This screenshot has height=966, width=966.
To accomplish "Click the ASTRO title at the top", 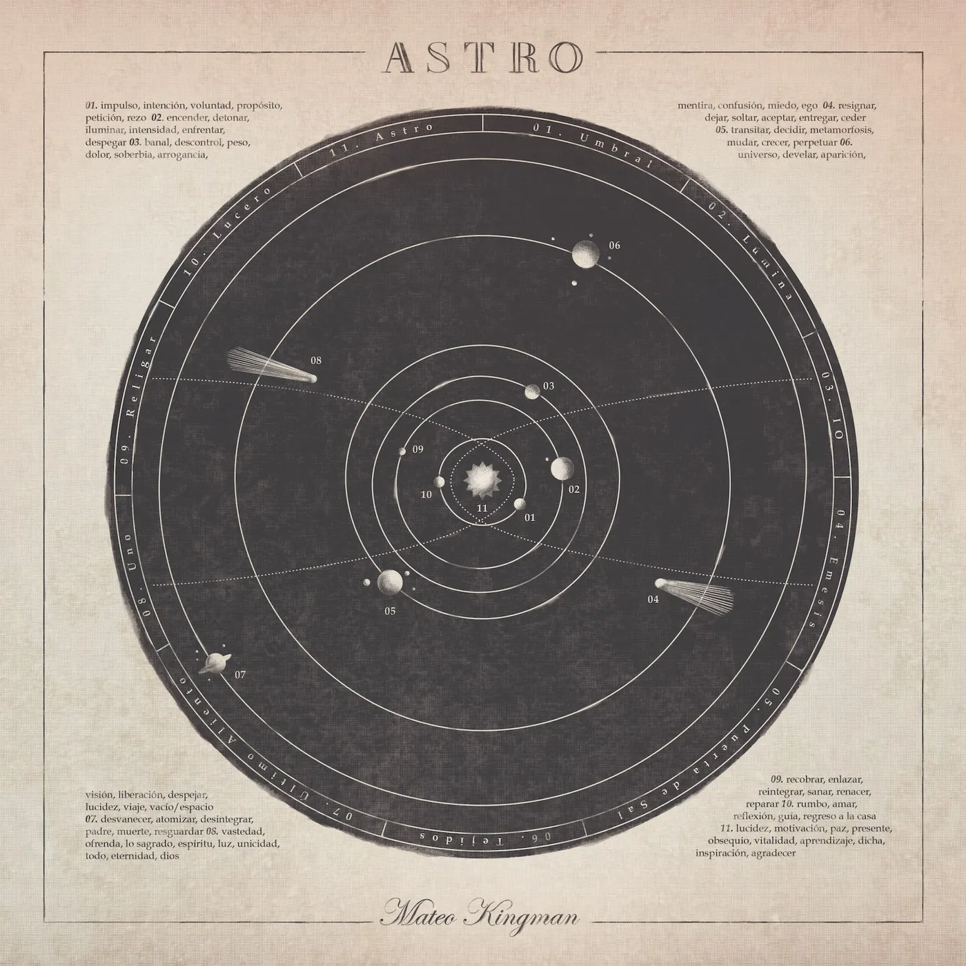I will coord(483,58).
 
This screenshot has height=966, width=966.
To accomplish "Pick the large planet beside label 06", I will coord(586,253).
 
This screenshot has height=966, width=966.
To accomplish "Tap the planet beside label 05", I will coord(390,582).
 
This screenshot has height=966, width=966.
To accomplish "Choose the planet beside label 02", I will coord(562,469).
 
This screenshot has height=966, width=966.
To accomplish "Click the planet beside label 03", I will coord(532,392).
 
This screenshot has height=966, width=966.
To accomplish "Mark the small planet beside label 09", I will coord(402,451).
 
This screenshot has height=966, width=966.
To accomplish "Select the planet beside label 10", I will coord(439,482).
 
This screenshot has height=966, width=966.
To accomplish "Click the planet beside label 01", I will coord(520,504).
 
